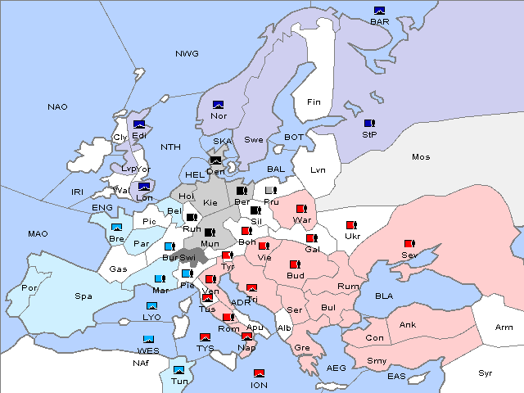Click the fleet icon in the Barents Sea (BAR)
tap(379, 11)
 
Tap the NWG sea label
tap(187, 54)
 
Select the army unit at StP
tap(369, 123)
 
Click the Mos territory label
tap(421, 156)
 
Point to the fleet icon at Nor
tap(219, 105)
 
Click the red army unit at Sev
tap(409, 244)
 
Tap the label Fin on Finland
tap(314, 102)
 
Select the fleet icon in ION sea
tap(260, 373)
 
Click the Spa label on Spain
tap(84, 296)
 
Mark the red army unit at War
tap(300, 209)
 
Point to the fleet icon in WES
tap(148, 339)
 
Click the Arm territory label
tap(505, 327)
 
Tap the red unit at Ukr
tap(351, 225)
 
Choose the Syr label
tap(486, 373)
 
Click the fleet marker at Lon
tap(144, 187)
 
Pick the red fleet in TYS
tap(205, 337)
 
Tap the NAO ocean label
tap(58, 107)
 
